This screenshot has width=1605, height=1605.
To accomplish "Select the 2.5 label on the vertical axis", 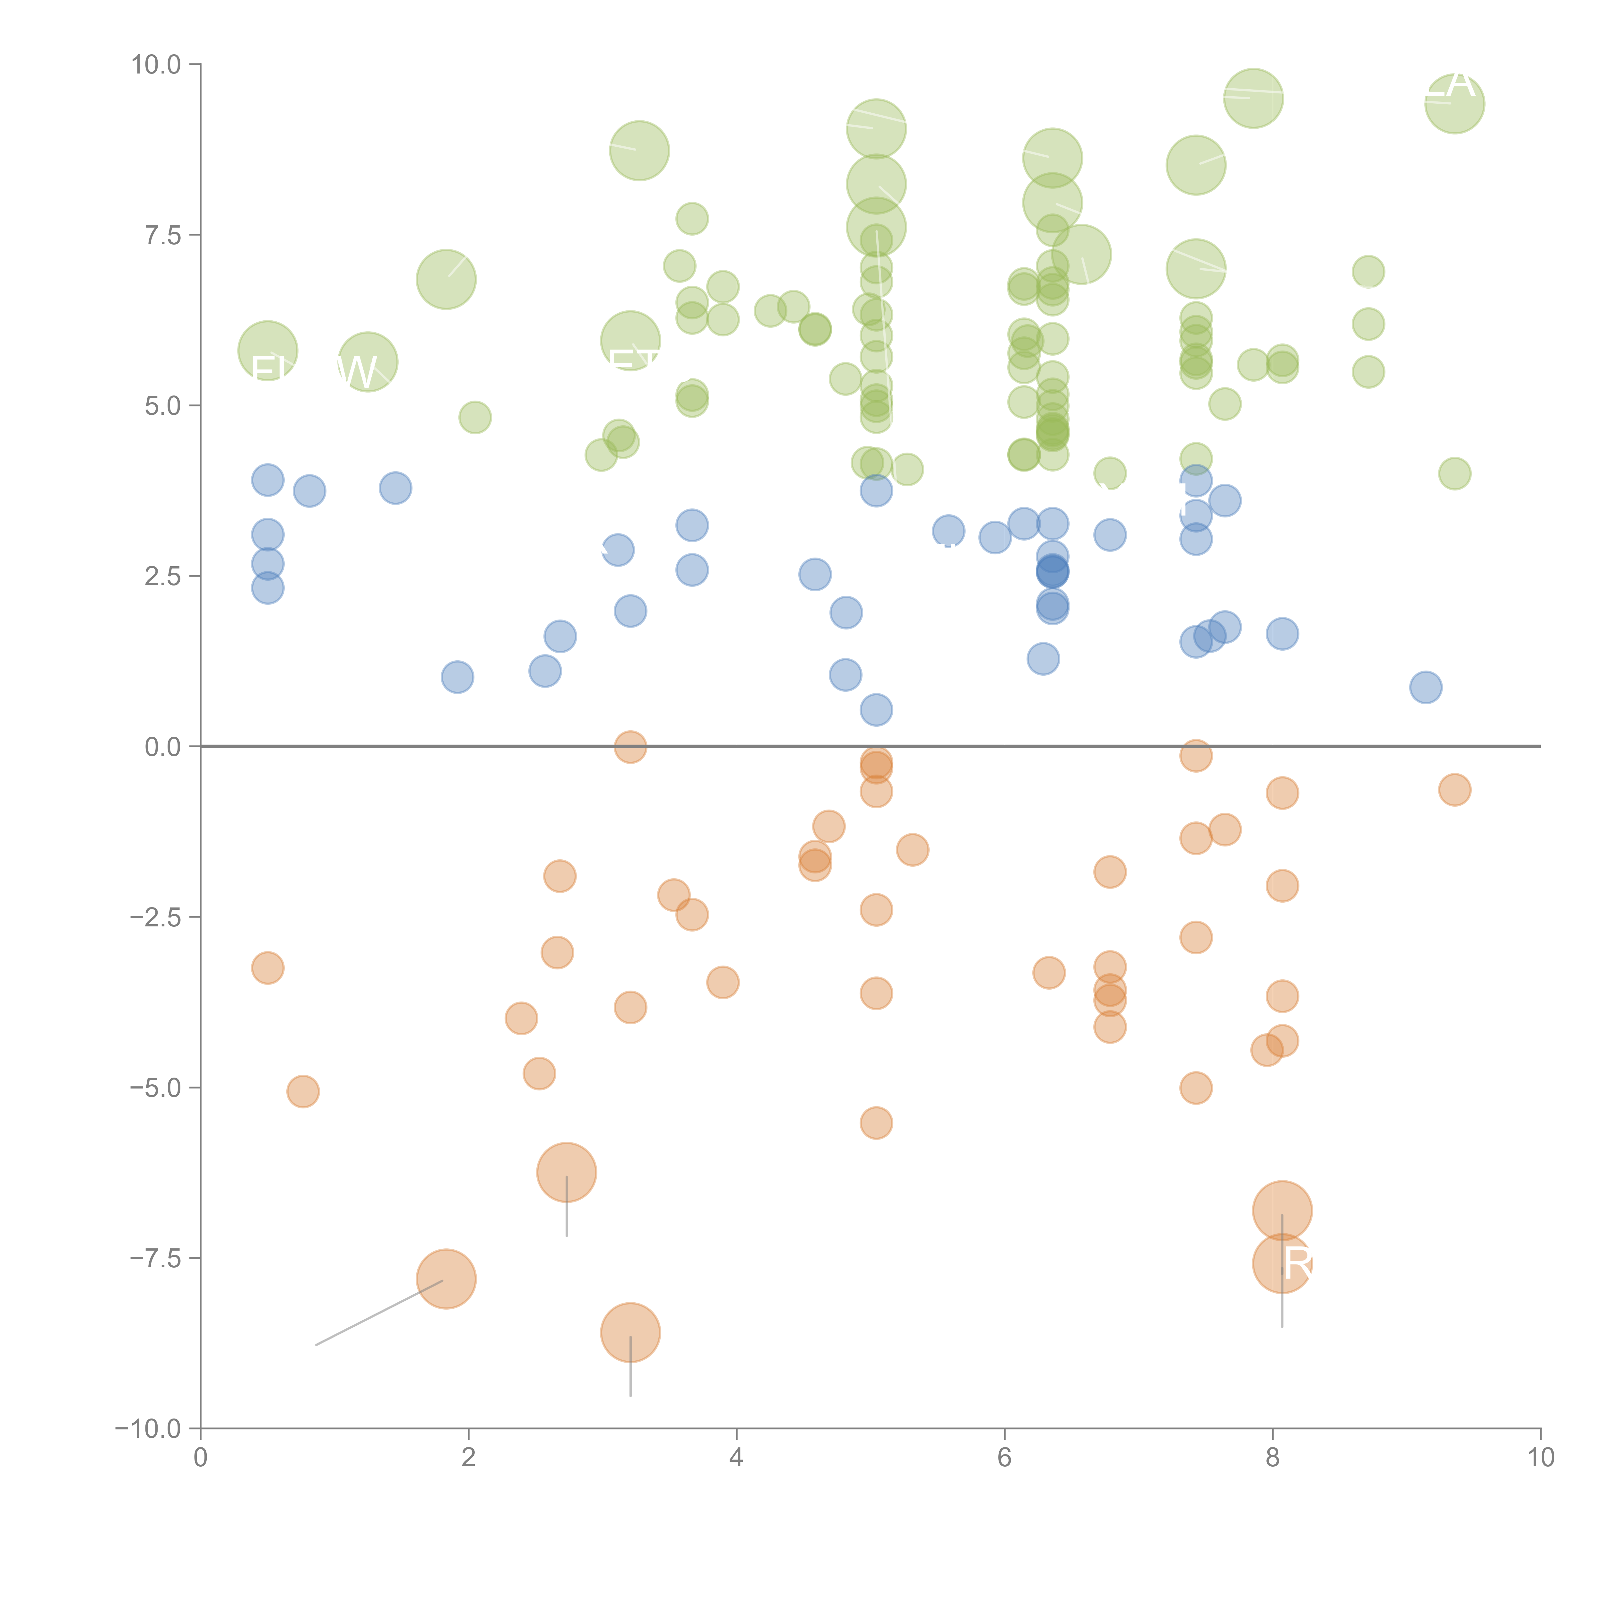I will tap(162, 576).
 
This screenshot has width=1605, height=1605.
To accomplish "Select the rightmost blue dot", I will tap(1426, 687).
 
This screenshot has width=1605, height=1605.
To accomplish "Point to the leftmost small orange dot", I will tap(267, 968).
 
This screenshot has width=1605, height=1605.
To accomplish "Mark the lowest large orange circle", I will tap(630, 1332).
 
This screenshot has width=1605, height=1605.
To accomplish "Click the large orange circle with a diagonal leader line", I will tap(446, 1279).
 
